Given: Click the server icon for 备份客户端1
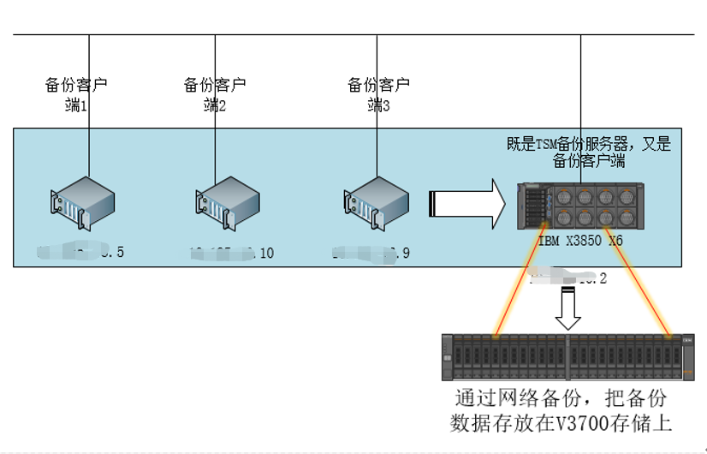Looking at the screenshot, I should (81, 202).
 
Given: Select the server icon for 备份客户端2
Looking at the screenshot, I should (226, 202).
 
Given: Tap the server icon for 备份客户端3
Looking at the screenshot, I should (373, 202).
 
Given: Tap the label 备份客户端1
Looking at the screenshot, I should (76, 94).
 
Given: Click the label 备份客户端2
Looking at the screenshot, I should (215, 94).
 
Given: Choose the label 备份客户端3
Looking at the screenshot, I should (377, 94).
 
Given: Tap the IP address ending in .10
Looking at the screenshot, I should (231, 253).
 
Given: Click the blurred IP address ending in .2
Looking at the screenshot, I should (569, 277).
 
